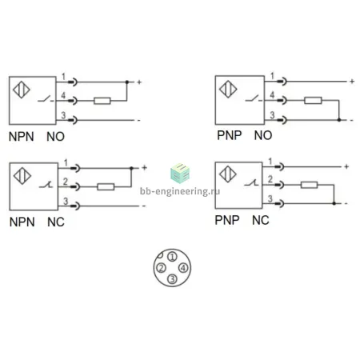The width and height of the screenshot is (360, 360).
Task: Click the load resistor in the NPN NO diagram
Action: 102,101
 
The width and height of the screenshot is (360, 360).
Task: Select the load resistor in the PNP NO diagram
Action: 313,100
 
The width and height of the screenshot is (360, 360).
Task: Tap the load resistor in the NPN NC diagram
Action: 106,186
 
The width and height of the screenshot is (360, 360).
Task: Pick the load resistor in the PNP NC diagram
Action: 309,185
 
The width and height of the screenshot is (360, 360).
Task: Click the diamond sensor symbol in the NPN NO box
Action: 22,90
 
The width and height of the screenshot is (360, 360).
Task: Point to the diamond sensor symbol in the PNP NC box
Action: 228,174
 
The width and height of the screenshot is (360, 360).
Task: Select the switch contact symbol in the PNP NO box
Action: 254,98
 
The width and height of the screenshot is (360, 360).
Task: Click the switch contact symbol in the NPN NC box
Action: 46,185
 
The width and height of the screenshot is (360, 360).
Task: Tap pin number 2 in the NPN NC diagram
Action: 66,182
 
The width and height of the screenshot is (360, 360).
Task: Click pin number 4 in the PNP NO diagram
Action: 272,94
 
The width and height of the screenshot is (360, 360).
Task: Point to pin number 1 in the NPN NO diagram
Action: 63,77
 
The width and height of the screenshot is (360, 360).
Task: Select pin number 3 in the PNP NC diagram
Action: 270,198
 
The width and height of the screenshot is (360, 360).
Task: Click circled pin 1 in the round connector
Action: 172,257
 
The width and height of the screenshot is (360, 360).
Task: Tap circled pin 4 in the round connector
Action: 183,268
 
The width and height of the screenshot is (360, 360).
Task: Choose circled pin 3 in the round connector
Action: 172,279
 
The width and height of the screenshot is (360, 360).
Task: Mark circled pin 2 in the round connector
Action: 161,268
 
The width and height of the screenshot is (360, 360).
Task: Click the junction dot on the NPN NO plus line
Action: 127,82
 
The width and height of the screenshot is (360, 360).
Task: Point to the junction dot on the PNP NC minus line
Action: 334,203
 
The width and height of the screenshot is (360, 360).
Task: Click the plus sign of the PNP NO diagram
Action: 352,82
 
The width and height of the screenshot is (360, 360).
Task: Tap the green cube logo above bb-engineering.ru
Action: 180,174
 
